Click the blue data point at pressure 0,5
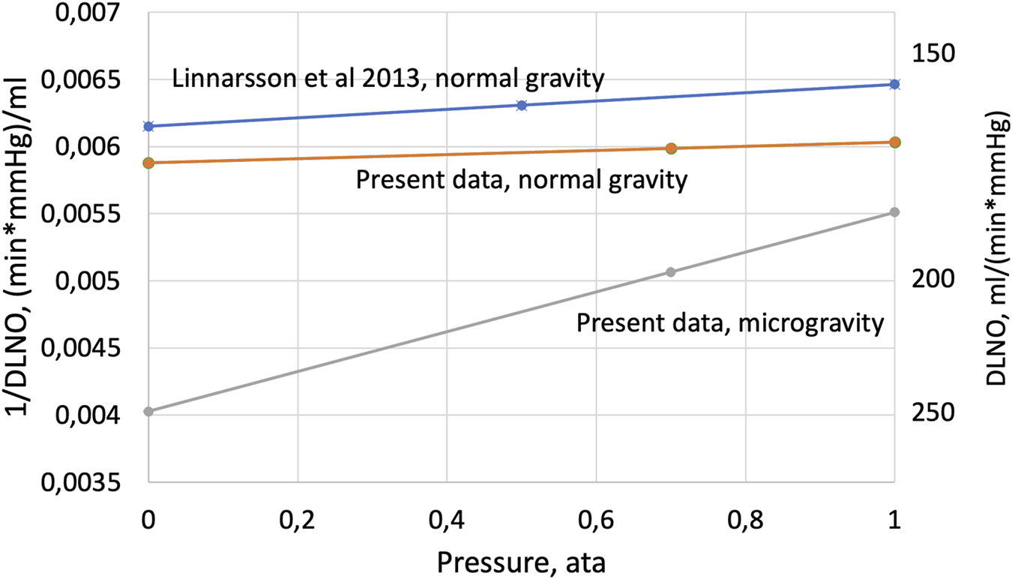[522, 105]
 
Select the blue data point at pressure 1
[894, 84]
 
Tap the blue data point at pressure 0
[148, 126]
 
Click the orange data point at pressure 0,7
[671, 148]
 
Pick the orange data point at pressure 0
[148, 163]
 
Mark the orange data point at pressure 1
[894, 142]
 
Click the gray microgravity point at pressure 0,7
[671, 271]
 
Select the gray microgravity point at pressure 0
[148, 411]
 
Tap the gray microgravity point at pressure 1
[894, 212]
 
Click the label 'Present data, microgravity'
[726, 323]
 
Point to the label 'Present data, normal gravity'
[522, 181]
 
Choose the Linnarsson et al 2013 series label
[388, 77]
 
